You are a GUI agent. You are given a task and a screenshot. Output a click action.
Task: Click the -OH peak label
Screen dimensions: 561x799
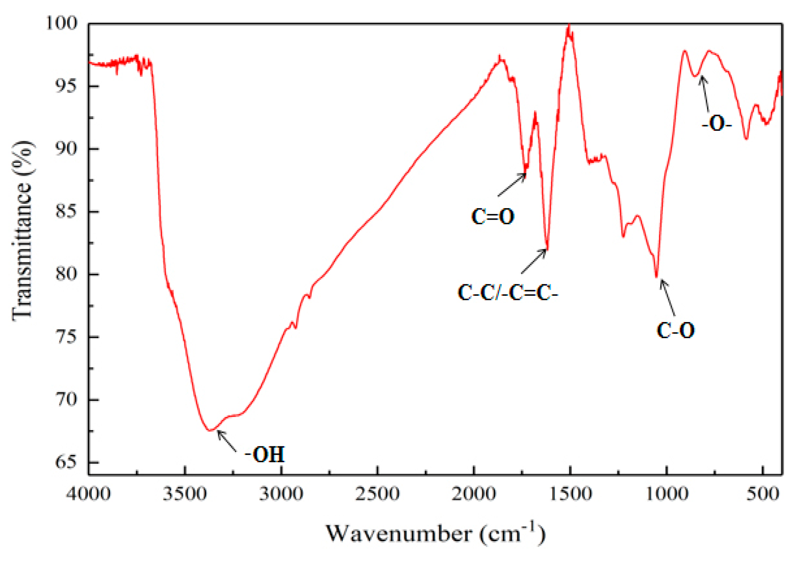click(x=265, y=454)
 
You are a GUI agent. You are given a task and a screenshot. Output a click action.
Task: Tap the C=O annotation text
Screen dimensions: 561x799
click(x=493, y=216)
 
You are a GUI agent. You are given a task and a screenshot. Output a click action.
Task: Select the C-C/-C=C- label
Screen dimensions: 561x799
click(x=507, y=293)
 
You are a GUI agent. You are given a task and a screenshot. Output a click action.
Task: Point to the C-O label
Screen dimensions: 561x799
click(x=676, y=330)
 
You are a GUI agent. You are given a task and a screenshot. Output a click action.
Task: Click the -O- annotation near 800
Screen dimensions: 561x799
click(x=716, y=124)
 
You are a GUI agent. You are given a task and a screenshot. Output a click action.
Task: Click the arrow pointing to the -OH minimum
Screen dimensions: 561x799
click(x=227, y=441)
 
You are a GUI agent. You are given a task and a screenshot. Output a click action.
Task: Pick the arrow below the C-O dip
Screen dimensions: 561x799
click(x=668, y=298)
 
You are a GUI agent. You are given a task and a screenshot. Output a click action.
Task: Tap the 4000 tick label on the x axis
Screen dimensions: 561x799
click(x=88, y=494)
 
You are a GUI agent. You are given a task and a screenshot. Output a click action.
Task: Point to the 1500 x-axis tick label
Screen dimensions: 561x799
click(x=570, y=494)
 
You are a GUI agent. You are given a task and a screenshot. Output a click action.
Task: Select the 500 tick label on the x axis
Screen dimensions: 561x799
click(x=763, y=494)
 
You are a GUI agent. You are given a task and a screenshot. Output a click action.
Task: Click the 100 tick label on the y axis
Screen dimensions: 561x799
click(x=62, y=23)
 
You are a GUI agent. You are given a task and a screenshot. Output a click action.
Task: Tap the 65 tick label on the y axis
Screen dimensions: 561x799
click(x=66, y=462)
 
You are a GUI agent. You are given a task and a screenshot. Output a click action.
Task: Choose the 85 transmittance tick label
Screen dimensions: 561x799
click(x=66, y=211)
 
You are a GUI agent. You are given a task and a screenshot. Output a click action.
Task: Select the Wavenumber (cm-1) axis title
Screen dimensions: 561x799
click(x=436, y=534)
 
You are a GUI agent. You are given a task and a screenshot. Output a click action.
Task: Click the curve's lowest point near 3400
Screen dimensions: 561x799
click(x=210, y=430)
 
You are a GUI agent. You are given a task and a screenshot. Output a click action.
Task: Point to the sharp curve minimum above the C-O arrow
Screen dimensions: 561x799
click(x=657, y=276)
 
